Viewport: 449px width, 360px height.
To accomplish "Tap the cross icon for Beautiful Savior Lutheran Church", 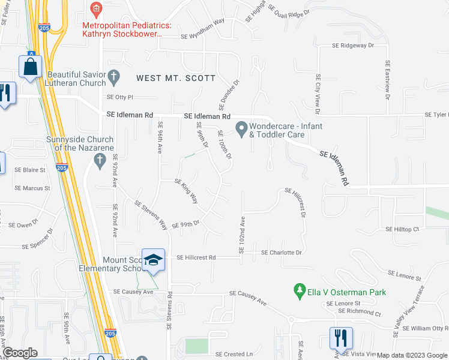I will pos(114,76).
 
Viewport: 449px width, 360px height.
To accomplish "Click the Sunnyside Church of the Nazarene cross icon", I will pos(100,160).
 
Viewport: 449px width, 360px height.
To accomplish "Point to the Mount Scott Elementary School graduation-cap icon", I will pos(153,259).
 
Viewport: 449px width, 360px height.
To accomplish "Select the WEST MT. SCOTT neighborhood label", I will pos(175,78).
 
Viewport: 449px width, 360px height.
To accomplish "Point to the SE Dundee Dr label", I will pos(229,95).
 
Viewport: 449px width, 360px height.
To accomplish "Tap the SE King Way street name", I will pos(187,190).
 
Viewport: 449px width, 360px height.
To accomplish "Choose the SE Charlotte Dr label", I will pos(281,253).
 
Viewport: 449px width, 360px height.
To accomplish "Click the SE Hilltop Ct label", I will pos(402,229).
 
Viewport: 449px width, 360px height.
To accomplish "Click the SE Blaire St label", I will pos(30,170).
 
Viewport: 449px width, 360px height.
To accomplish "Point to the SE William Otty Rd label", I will pos(426,328).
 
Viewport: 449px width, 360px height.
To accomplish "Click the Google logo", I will pos(20,353).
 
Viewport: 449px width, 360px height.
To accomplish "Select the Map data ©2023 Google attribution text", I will pos(411,355).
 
